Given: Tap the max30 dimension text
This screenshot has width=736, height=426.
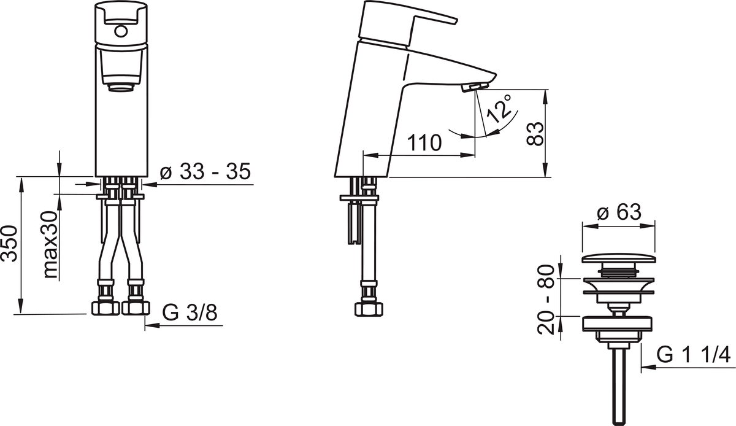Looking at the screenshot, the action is [51, 245].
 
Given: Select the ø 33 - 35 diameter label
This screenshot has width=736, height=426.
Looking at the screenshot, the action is [205, 171].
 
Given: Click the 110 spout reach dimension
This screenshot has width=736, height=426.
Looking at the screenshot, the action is [424, 142].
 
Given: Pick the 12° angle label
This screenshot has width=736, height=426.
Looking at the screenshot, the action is [499, 109].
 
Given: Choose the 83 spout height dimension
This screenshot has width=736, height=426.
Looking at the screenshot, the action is [535, 134].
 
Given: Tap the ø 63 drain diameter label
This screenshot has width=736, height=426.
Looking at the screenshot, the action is [619, 212].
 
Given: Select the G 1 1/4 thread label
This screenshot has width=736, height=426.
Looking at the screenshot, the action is [693, 355].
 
